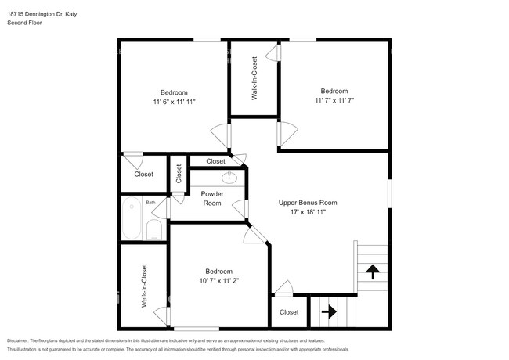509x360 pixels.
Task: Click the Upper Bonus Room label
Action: click(x=308, y=203)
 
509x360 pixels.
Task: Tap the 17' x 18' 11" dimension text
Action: click(x=308, y=212)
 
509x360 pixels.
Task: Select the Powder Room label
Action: click(x=212, y=199)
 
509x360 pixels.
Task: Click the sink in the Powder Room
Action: click(x=229, y=177)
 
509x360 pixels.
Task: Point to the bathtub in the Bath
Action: click(x=132, y=218)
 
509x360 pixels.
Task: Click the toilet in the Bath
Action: click(x=154, y=229)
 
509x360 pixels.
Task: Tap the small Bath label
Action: click(x=150, y=203)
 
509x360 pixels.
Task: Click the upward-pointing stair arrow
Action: click(x=373, y=272)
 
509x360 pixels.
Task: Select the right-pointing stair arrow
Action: click(x=329, y=312)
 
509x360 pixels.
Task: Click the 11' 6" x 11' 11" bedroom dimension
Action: click(x=175, y=102)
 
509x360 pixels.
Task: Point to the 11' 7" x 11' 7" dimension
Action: click(x=334, y=100)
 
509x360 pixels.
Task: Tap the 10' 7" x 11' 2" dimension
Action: click(x=219, y=280)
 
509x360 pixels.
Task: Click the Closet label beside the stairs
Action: click(x=289, y=312)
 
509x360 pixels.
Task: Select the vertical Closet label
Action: click(x=179, y=174)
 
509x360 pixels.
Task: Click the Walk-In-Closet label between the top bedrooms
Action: click(x=254, y=78)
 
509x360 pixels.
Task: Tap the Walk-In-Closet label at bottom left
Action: click(x=144, y=286)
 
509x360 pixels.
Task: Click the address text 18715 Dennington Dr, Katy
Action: click(x=42, y=14)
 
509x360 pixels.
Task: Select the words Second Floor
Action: click(x=25, y=23)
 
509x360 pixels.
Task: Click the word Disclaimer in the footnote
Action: click(x=18, y=341)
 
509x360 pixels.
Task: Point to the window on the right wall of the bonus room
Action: click(x=390, y=193)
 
